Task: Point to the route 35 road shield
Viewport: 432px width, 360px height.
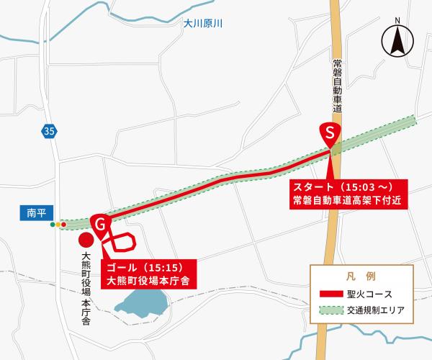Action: [48, 131]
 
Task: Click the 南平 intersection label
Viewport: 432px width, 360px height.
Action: [35, 213]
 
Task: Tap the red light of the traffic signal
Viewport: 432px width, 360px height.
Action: [64, 225]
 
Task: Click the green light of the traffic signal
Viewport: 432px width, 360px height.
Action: [52, 225]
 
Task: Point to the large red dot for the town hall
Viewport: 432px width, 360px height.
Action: [86, 240]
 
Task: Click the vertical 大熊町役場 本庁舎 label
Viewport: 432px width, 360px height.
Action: [85, 288]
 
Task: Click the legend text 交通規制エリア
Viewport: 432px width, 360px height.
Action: [379, 312]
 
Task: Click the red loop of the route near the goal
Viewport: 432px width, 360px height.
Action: [120, 243]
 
